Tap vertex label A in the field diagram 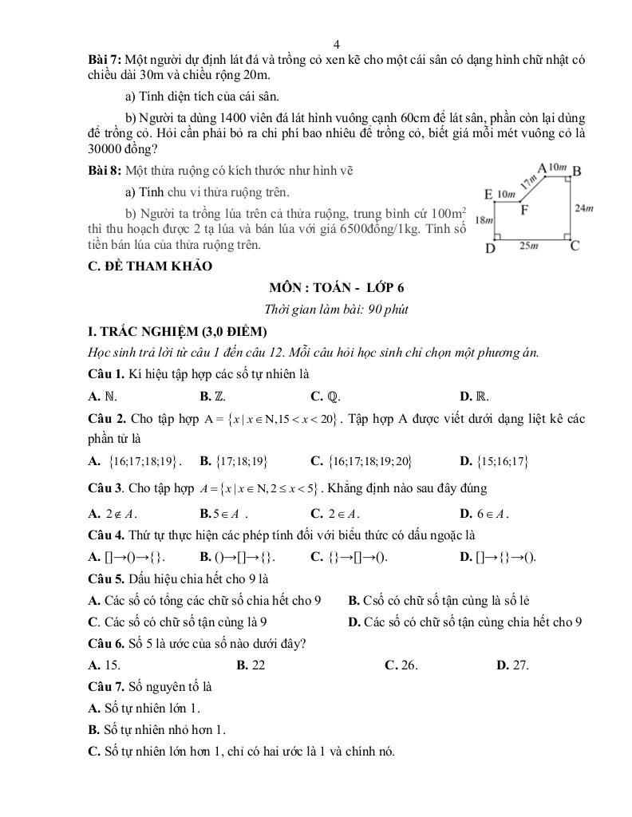[542, 168]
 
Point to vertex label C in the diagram [574, 246]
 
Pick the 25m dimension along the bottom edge [530, 247]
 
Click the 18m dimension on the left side [482, 219]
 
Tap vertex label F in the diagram [525, 211]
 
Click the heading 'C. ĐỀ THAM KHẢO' [150, 266]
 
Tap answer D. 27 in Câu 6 [512, 665]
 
